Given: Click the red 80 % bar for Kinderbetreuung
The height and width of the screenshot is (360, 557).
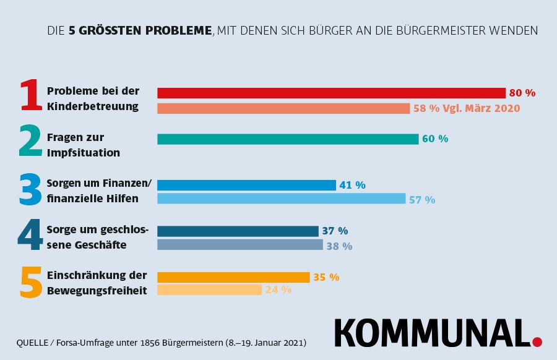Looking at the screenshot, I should coord(331,93).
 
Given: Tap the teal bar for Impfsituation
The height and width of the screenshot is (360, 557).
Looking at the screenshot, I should coord(288,139).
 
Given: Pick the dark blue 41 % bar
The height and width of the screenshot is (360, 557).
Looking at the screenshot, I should coord(246,185).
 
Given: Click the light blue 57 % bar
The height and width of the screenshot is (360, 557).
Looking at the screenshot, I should coord(281,199).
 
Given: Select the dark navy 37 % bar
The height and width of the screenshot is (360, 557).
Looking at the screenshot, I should coord(238,231).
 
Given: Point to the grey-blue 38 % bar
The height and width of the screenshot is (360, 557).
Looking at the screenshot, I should coord(240,245).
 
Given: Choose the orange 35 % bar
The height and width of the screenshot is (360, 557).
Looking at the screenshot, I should coord(233,276).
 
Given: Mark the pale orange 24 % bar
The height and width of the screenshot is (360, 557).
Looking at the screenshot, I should coord(209,289).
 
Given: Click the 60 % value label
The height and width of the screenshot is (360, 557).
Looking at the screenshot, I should coord(435,139).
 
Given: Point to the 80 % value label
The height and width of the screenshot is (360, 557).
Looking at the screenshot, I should coord(522,93).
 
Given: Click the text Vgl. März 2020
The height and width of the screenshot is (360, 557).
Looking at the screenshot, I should coord(481,108).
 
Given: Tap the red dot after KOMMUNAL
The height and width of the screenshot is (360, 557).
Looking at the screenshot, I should coord(537,341).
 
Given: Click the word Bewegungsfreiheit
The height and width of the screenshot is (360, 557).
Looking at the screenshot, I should coord(97,290).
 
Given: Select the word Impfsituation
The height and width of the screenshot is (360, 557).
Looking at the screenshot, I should coord(84,152).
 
